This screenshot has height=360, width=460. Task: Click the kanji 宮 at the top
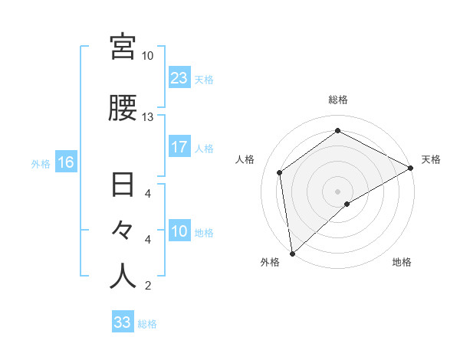(123, 47)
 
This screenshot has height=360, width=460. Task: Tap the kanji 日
(123, 187)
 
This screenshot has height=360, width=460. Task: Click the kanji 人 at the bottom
(123, 277)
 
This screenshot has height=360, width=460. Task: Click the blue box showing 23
(179, 78)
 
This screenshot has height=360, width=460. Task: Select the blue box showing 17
(179, 147)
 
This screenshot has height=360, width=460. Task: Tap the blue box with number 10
(179, 231)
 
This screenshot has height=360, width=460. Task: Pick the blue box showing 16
(65, 162)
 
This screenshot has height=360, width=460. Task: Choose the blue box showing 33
(123, 322)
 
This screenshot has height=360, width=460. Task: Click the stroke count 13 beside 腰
(147, 117)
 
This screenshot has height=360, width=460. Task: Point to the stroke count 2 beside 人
(147, 286)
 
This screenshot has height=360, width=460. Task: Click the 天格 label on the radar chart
(431, 159)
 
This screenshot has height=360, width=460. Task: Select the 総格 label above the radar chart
(337, 100)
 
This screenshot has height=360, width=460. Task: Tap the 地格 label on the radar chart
(402, 262)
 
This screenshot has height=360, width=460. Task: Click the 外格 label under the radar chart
(270, 262)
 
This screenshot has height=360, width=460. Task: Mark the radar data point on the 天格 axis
(411, 167)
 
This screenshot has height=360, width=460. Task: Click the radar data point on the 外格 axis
(292, 253)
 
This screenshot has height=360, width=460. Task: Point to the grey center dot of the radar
(337, 191)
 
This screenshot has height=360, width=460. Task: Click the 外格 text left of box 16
(41, 163)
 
